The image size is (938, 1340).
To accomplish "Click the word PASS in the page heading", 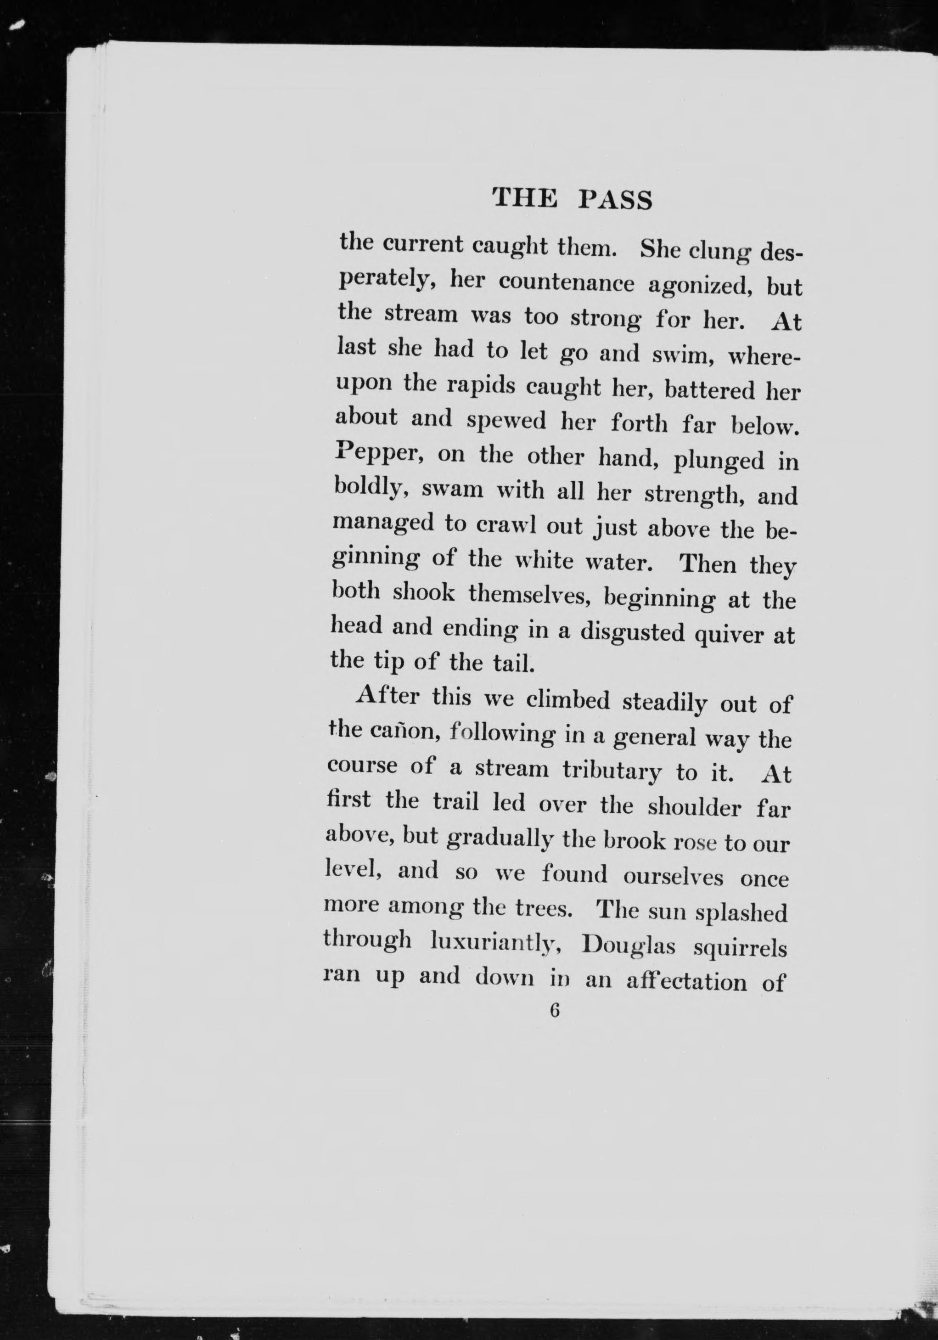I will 615,200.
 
